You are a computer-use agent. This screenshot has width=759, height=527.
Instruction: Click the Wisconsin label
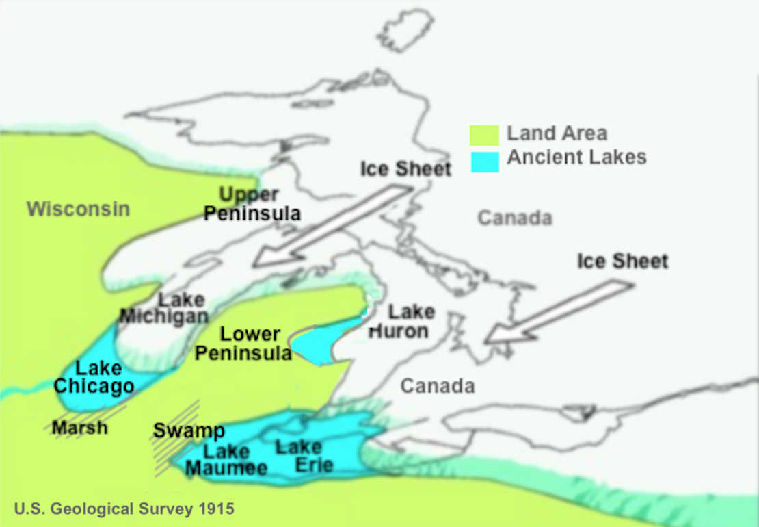pos(78,209)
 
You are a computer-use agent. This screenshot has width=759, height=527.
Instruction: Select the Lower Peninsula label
pos(250,344)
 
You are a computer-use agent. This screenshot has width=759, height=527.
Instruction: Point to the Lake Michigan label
pos(165,308)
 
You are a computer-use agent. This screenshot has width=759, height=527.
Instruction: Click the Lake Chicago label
pos(94,377)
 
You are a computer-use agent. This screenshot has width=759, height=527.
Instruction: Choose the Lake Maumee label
pos(226,460)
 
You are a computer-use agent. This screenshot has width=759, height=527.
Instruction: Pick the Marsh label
pos(80,428)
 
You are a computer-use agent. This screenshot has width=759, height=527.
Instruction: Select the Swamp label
pos(189,431)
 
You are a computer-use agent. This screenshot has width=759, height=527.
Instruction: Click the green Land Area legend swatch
pos(484,135)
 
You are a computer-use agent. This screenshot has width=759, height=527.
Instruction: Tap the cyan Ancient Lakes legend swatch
pos(484,160)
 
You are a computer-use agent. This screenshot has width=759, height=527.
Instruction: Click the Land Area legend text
pos(557,133)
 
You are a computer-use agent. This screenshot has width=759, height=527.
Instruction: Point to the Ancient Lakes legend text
pos(576,157)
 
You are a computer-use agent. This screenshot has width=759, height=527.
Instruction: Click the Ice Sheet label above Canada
pos(406,169)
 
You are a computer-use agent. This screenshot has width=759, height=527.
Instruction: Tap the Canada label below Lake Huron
pos(437,385)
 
